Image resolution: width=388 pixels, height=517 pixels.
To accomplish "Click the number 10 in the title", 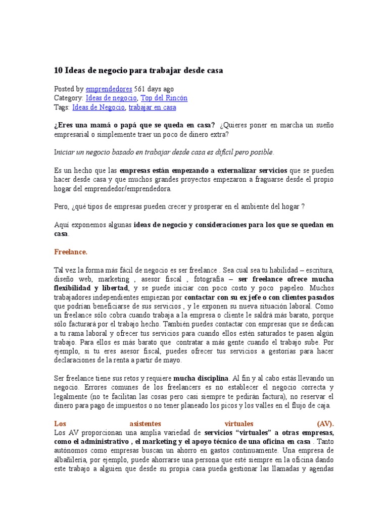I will (x=58, y=71).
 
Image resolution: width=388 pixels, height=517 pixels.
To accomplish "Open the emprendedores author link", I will (x=110, y=88).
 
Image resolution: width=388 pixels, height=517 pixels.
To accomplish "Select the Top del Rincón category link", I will (x=164, y=98).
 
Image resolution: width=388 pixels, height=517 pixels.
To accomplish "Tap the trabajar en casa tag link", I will (x=152, y=108).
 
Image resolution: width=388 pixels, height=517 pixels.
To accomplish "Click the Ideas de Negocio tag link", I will (x=99, y=108).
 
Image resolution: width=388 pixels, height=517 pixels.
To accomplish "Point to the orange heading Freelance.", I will (x=71, y=251).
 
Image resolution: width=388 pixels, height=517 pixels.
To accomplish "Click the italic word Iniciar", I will (x=64, y=151).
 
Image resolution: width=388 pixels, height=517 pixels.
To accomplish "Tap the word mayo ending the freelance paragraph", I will (x=172, y=360).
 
